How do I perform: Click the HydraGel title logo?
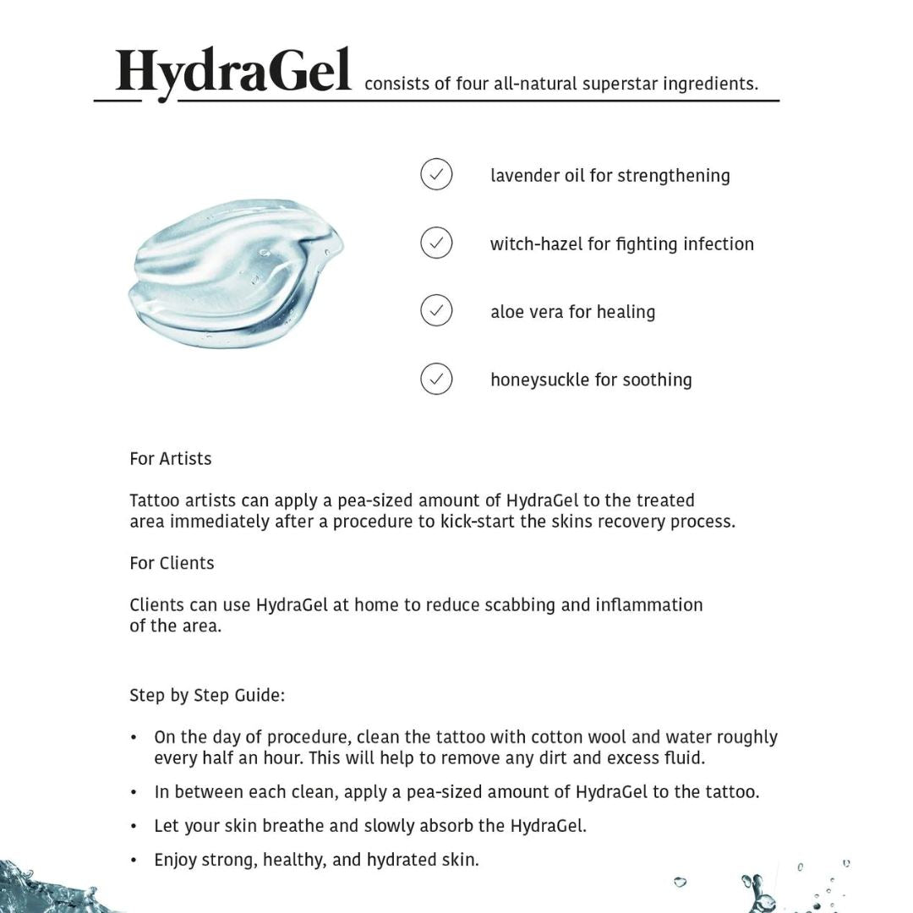click(233, 72)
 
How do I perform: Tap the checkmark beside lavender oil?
click(436, 175)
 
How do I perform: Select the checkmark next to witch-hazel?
click(436, 243)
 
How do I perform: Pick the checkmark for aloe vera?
click(436, 311)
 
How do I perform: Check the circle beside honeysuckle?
click(436, 379)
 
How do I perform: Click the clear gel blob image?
click(236, 272)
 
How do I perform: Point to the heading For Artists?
click(171, 459)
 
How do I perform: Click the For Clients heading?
click(172, 563)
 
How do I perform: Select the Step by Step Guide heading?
click(207, 696)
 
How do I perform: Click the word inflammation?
click(648, 605)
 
